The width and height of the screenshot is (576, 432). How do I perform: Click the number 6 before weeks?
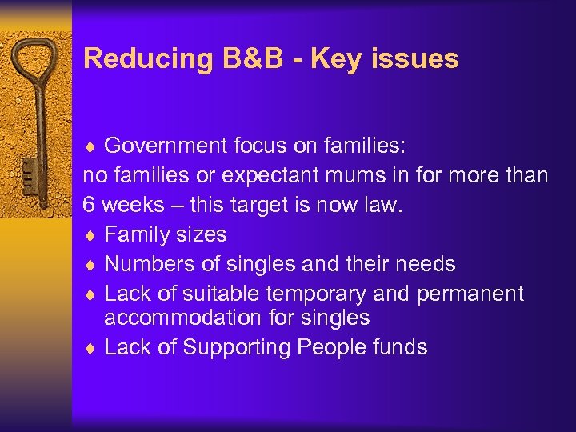click(90, 204)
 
